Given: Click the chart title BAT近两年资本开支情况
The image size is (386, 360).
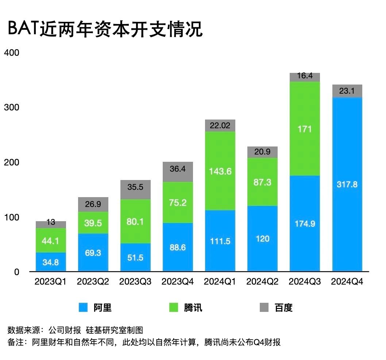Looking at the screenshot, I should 105,30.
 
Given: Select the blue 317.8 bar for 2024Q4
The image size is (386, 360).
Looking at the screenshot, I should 347,184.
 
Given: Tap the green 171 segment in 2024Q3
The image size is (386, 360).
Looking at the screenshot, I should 305,129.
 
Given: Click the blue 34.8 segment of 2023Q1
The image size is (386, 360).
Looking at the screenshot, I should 51,262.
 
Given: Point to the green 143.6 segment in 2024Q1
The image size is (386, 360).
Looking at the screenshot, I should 220,171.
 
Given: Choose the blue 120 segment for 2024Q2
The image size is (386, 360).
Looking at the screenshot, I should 262,239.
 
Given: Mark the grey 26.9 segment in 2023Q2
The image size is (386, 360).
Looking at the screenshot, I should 93,204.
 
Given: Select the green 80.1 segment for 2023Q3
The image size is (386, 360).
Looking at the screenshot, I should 135,221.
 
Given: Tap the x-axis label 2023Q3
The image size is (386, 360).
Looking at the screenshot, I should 135,282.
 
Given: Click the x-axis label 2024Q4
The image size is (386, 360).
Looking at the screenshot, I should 347,282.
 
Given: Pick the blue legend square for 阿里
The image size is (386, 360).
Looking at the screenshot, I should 84,308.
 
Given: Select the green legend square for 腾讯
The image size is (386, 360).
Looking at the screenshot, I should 174,308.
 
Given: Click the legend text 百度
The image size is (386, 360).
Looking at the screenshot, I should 283,308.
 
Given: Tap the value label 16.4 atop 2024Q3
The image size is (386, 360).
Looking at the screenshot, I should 305,76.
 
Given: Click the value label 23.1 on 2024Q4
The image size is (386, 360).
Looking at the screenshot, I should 347,91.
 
